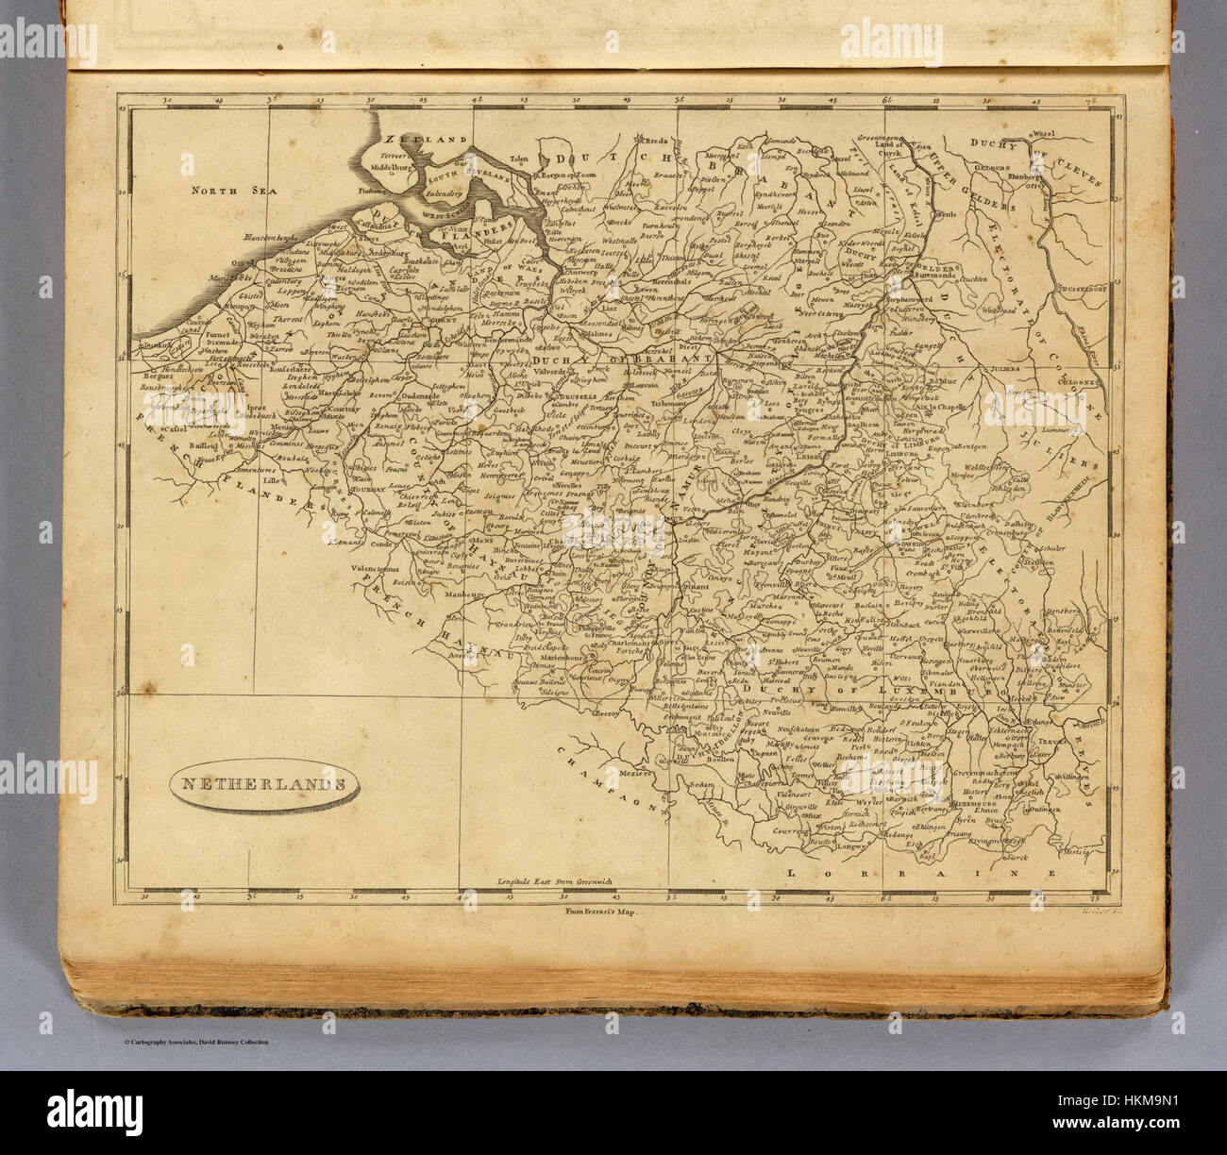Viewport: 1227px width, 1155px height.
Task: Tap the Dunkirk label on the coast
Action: click(x=156, y=345)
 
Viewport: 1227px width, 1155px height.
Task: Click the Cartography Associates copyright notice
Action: click(x=195, y=1042)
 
